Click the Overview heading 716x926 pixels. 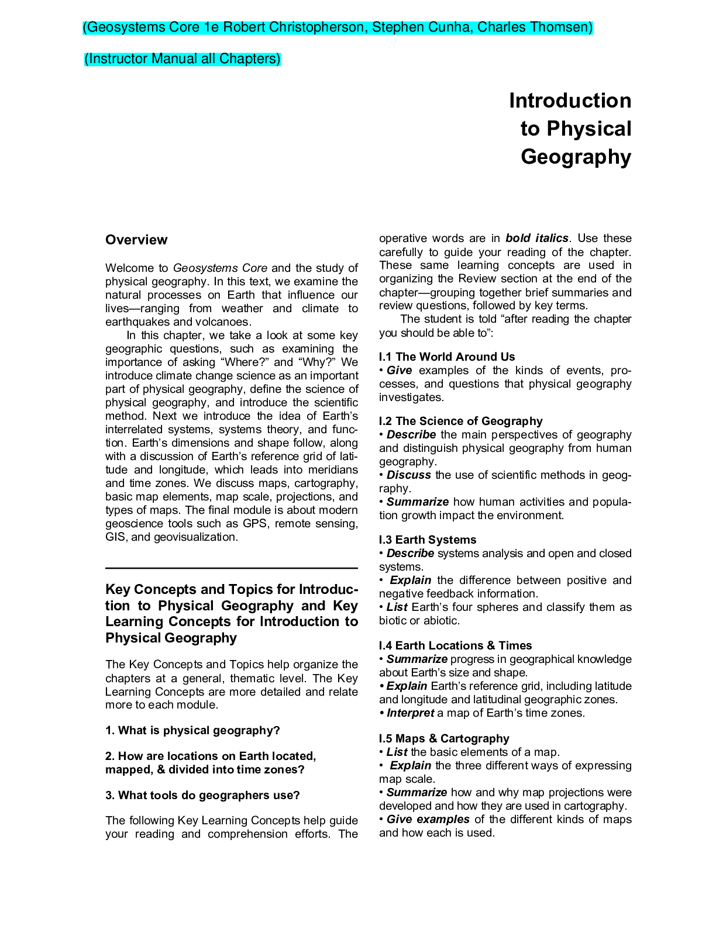tap(136, 240)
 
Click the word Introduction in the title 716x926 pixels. tap(570, 101)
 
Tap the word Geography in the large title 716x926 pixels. tap(576, 157)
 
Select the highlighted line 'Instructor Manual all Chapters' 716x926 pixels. tap(183, 59)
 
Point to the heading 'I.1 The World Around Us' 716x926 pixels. tap(447, 357)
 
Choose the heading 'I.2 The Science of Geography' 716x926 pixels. tap(460, 421)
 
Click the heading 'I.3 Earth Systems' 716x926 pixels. tap(428, 540)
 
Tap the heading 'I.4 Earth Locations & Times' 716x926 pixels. tap(455, 645)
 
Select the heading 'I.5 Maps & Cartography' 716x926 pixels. tap(444, 738)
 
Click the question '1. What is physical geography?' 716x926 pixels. tap(192, 730)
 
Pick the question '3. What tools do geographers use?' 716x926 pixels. tap(202, 795)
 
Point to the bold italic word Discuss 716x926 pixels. tap(408, 475)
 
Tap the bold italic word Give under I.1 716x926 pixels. tap(399, 370)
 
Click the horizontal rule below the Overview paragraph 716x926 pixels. tap(231, 568)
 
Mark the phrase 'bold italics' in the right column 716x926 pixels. tap(536, 238)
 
